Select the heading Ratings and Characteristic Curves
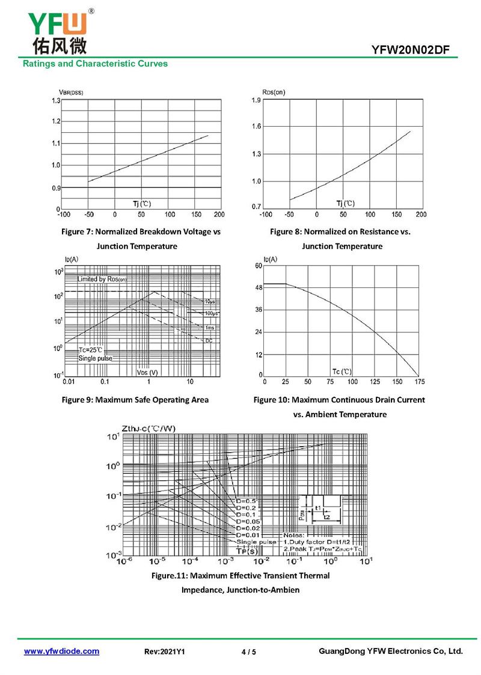tap(95, 64)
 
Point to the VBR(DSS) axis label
tap(71, 91)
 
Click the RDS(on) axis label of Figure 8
tap(274, 91)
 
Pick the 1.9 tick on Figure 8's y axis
tap(256, 100)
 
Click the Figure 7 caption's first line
tap(141, 231)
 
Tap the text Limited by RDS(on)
tap(102, 279)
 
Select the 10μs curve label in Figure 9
tap(210, 301)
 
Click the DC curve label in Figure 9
tap(209, 341)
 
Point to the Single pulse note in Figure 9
tap(95, 358)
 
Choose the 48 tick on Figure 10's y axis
tap(259, 288)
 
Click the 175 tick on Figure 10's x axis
tap(419, 382)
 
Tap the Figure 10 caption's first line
tap(339, 400)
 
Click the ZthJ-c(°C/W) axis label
tap(149, 429)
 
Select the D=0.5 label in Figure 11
tap(247, 501)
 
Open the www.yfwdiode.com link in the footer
tap(61, 651)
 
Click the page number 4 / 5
tap(248, 652)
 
